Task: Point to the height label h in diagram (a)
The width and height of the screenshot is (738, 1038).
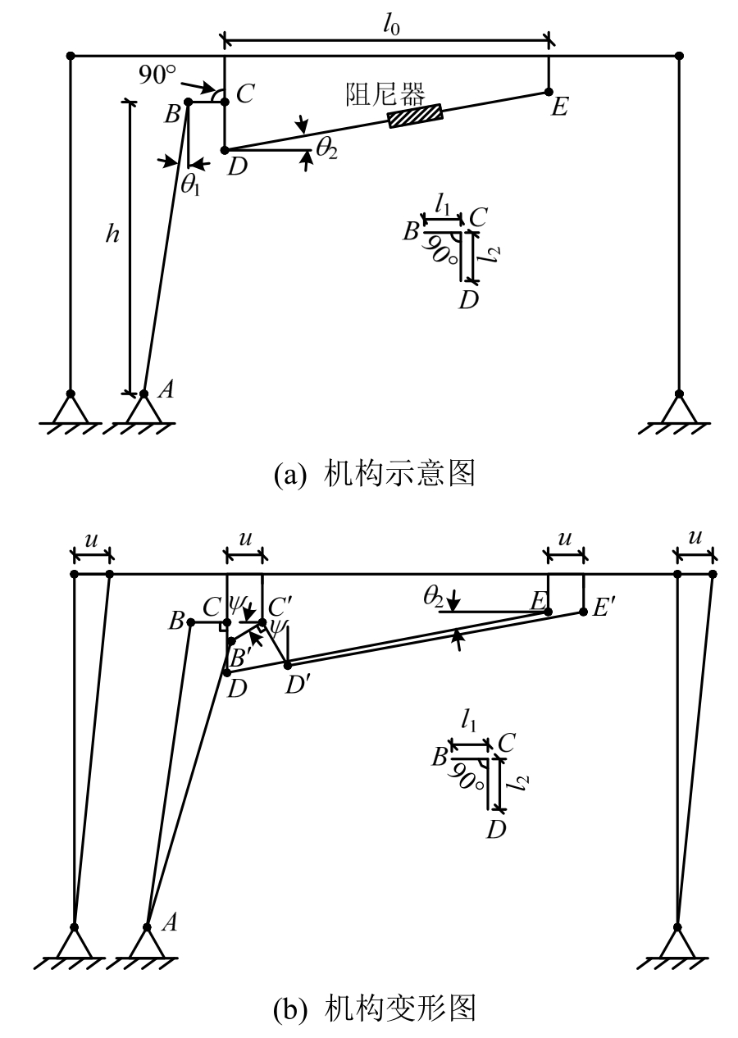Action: coord(113,234)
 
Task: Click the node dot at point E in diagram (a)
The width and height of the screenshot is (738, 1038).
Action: coord(549,92)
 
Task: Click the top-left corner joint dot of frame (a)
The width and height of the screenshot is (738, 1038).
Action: coord(71,56)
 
